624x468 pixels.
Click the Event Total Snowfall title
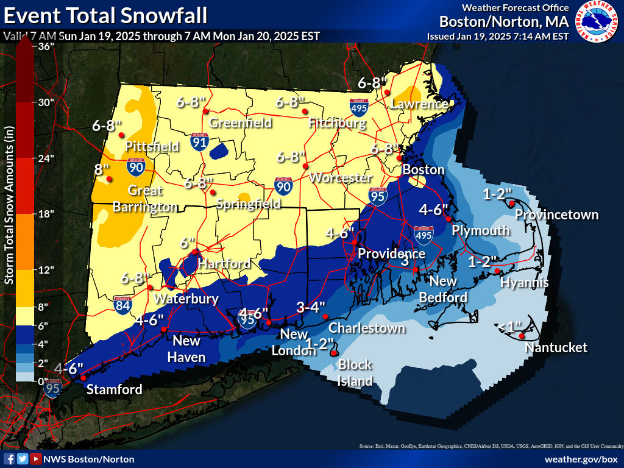pyautogui.click(x=105, y=15)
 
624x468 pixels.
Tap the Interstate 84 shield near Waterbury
pyautogui.click(x=122, y=305)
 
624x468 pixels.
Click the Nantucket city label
pyautogui.click(x=556, y=347)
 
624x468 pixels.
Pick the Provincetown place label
pyautogui.click(x=556, y=214)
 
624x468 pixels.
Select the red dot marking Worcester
pyautogui.click(x=306, y=166)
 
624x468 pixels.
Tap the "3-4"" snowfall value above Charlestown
pyautogui.click(x=311, y=307)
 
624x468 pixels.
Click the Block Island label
pyautogui.click(x=355, y=373)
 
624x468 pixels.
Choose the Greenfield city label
pyautogui.click(x=240, y=123)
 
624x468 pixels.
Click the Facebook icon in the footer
pyautogui.click(x=9, y=459)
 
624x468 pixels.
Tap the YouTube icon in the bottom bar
pyautogui.click(x=36, y=459)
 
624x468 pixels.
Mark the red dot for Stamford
pyautogui.click(x=83, y=378)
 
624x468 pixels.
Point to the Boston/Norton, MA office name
pyautogui.click(x=504, y=22)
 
